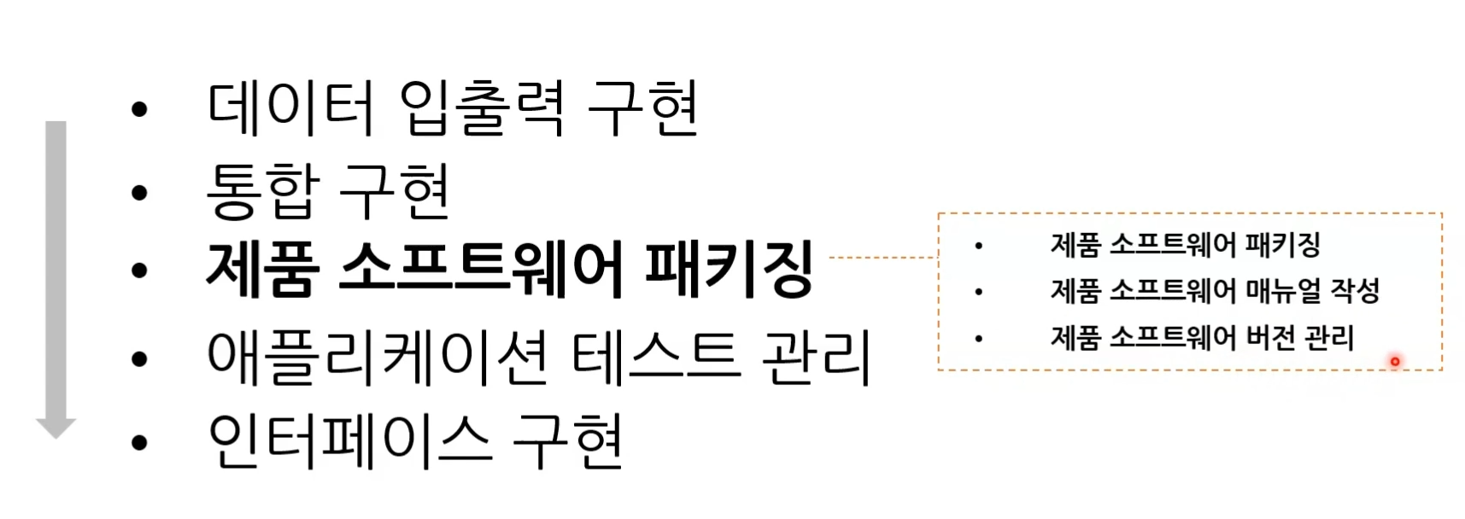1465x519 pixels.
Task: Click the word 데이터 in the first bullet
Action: [x=290, y=108]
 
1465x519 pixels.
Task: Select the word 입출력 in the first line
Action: [x=482, y=108]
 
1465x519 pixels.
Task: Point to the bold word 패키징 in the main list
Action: [x=728, y=269]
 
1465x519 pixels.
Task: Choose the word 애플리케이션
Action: [x=378, y=357]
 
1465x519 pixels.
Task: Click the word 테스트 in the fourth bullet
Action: [x=653, y=357]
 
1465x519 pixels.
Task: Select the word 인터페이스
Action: [x=349, y=440]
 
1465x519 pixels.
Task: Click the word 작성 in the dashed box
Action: [x=1356, y=291]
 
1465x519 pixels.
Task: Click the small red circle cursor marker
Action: [x=1395, y=362]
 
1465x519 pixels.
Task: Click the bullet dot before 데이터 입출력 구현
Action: [x=139, y=109]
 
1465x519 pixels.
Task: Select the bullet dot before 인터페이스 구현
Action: [x=139, y=442]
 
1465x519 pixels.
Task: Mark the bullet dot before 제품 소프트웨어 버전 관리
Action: [x=978, y=339]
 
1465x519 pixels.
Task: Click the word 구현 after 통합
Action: [x=394, y=190]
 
